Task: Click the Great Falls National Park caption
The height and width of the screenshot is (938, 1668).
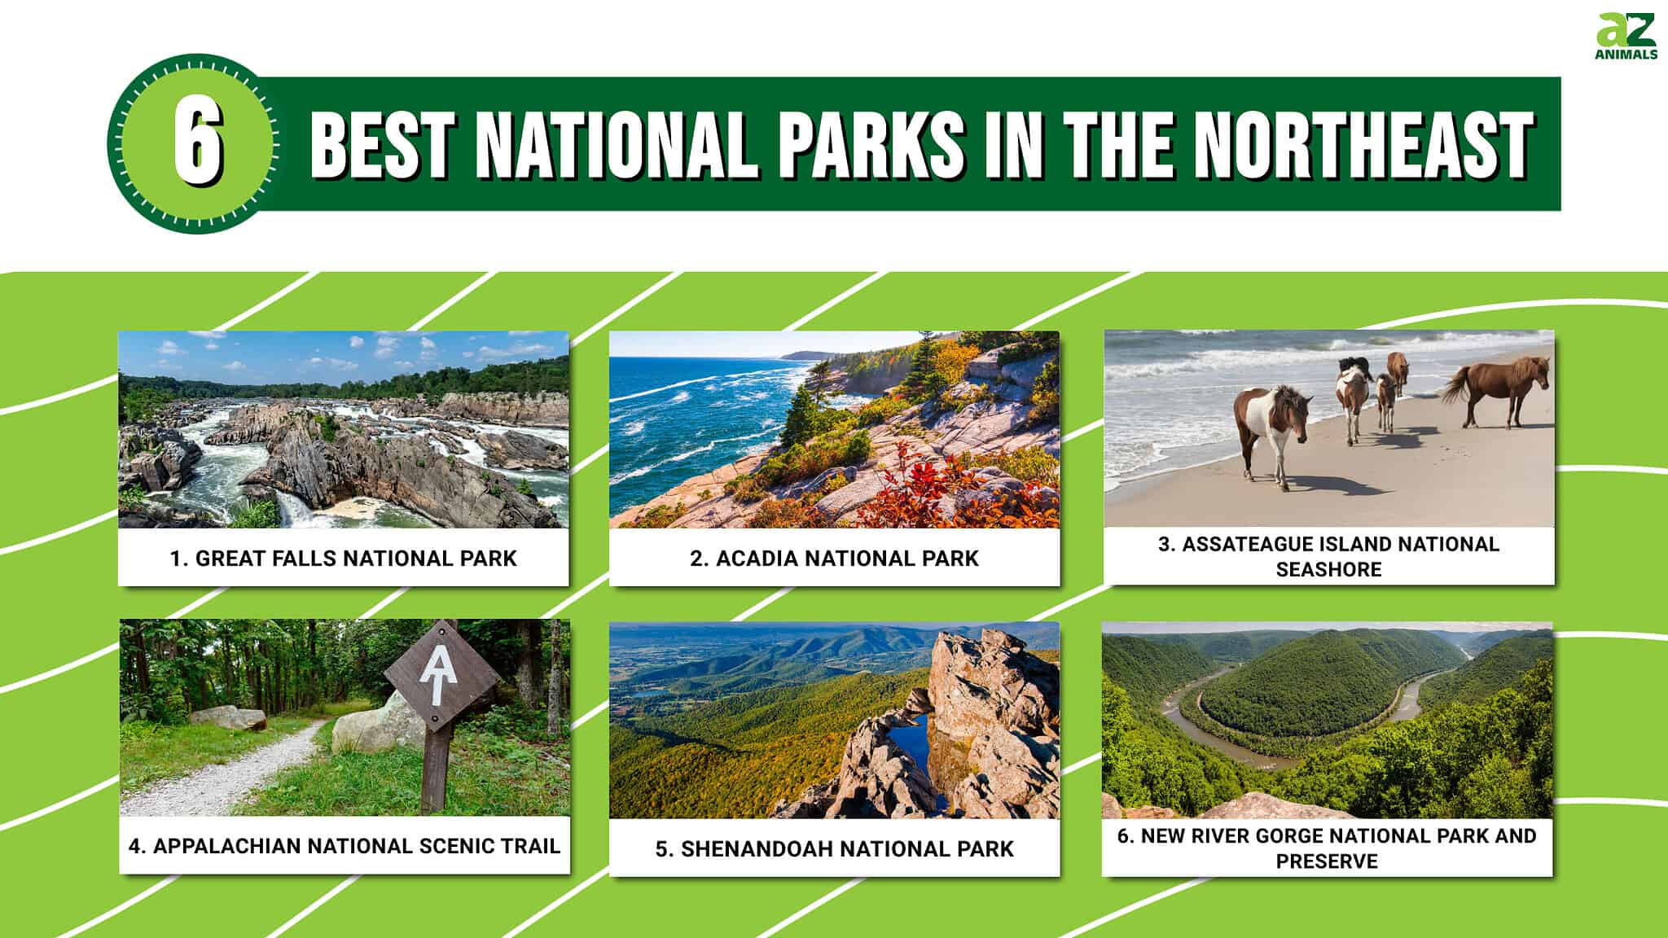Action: (x=344, y=559)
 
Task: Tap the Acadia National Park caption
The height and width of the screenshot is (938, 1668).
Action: (x=834, y=559)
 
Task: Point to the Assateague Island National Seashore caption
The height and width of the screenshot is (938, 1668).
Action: (x=1328, y=557)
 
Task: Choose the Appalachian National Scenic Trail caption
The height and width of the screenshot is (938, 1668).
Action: (x=345, y=846)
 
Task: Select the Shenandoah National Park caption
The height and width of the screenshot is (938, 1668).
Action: (x=834, y=849)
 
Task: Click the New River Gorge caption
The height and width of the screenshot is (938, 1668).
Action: (x=1327, y=848)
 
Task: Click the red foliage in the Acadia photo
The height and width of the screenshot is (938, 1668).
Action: (x=920, y=489)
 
